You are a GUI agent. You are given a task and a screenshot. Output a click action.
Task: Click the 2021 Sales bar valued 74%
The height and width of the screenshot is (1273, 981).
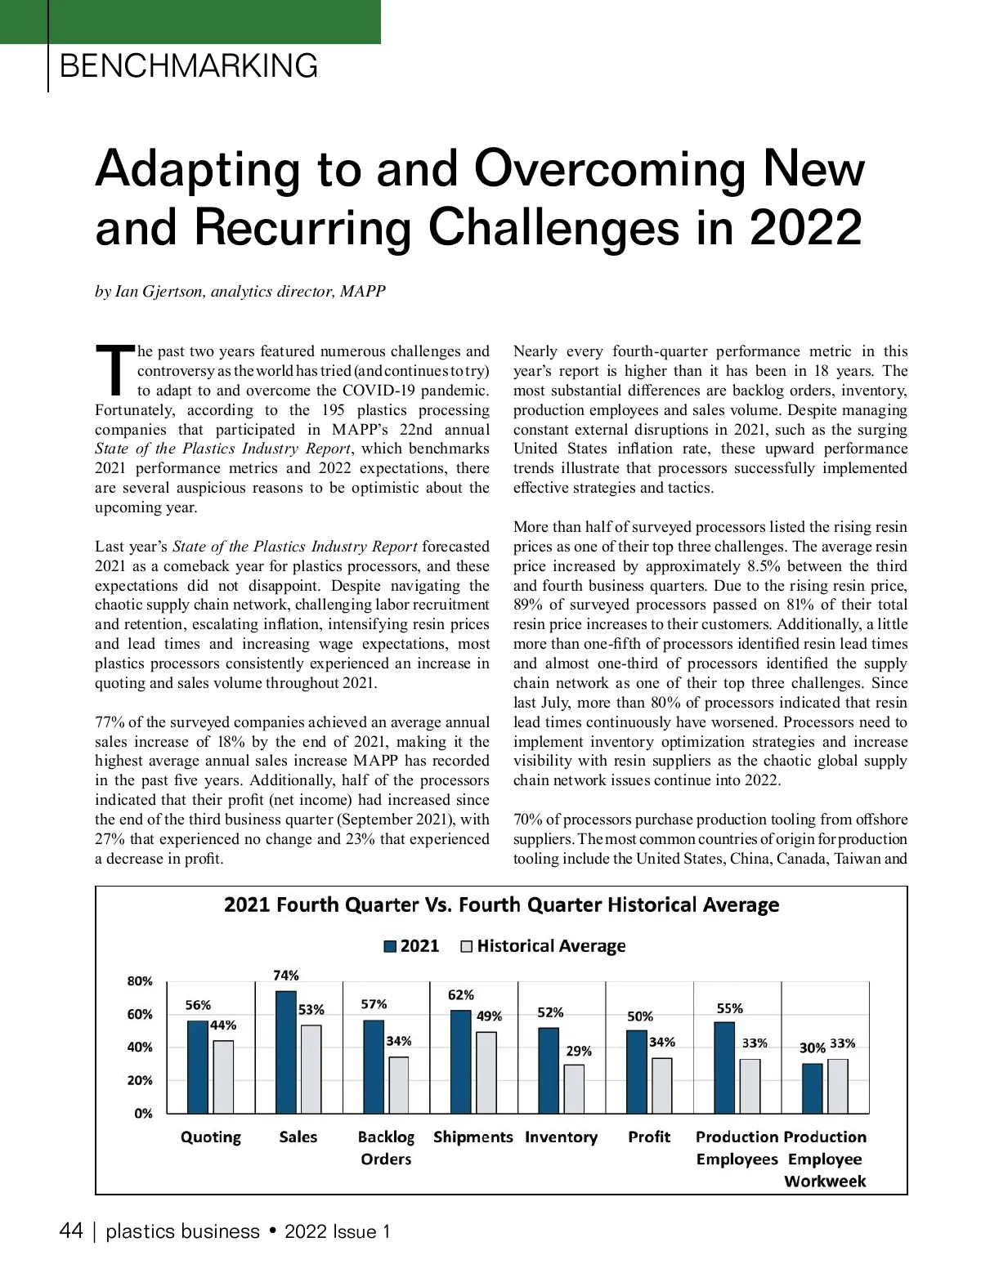[285, 1052]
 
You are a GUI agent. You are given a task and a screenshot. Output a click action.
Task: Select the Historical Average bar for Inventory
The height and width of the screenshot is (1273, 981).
[574, 1088]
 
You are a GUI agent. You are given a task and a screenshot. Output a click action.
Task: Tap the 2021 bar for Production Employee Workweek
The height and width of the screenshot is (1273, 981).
[812, 1088]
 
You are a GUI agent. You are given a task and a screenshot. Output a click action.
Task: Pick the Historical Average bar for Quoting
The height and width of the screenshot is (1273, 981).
[223, 1077]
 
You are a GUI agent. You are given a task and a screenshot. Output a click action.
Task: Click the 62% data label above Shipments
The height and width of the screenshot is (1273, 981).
[461, 995]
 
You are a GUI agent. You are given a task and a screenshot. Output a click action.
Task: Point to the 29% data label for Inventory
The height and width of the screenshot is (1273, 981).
[579, 1051]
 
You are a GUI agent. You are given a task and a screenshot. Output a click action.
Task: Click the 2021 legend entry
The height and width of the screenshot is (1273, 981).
[412, 946]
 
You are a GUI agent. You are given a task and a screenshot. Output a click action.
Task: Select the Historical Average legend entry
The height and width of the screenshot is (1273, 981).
[544, 946]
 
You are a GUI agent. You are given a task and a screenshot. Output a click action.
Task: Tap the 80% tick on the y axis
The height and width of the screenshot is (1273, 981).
[140, 981]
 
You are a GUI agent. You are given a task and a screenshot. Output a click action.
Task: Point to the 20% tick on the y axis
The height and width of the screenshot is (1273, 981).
[140, 1080]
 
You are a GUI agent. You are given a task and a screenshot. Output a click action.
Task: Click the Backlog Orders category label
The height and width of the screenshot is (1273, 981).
[386, 1147]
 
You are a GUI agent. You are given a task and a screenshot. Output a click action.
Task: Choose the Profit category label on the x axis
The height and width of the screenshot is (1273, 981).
[649, 1137]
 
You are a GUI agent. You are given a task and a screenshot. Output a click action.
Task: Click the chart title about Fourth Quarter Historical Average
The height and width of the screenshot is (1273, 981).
[501, 905]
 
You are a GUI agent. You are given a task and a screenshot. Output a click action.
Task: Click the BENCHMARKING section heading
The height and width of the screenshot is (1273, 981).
[189, 65]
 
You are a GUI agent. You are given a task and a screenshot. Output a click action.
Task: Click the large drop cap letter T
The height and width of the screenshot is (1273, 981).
[114, 370]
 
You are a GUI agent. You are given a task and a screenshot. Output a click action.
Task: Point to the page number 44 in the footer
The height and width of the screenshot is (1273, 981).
[71, 1231]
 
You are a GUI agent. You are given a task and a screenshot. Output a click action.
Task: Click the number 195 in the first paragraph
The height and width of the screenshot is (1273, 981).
[333, 410]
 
